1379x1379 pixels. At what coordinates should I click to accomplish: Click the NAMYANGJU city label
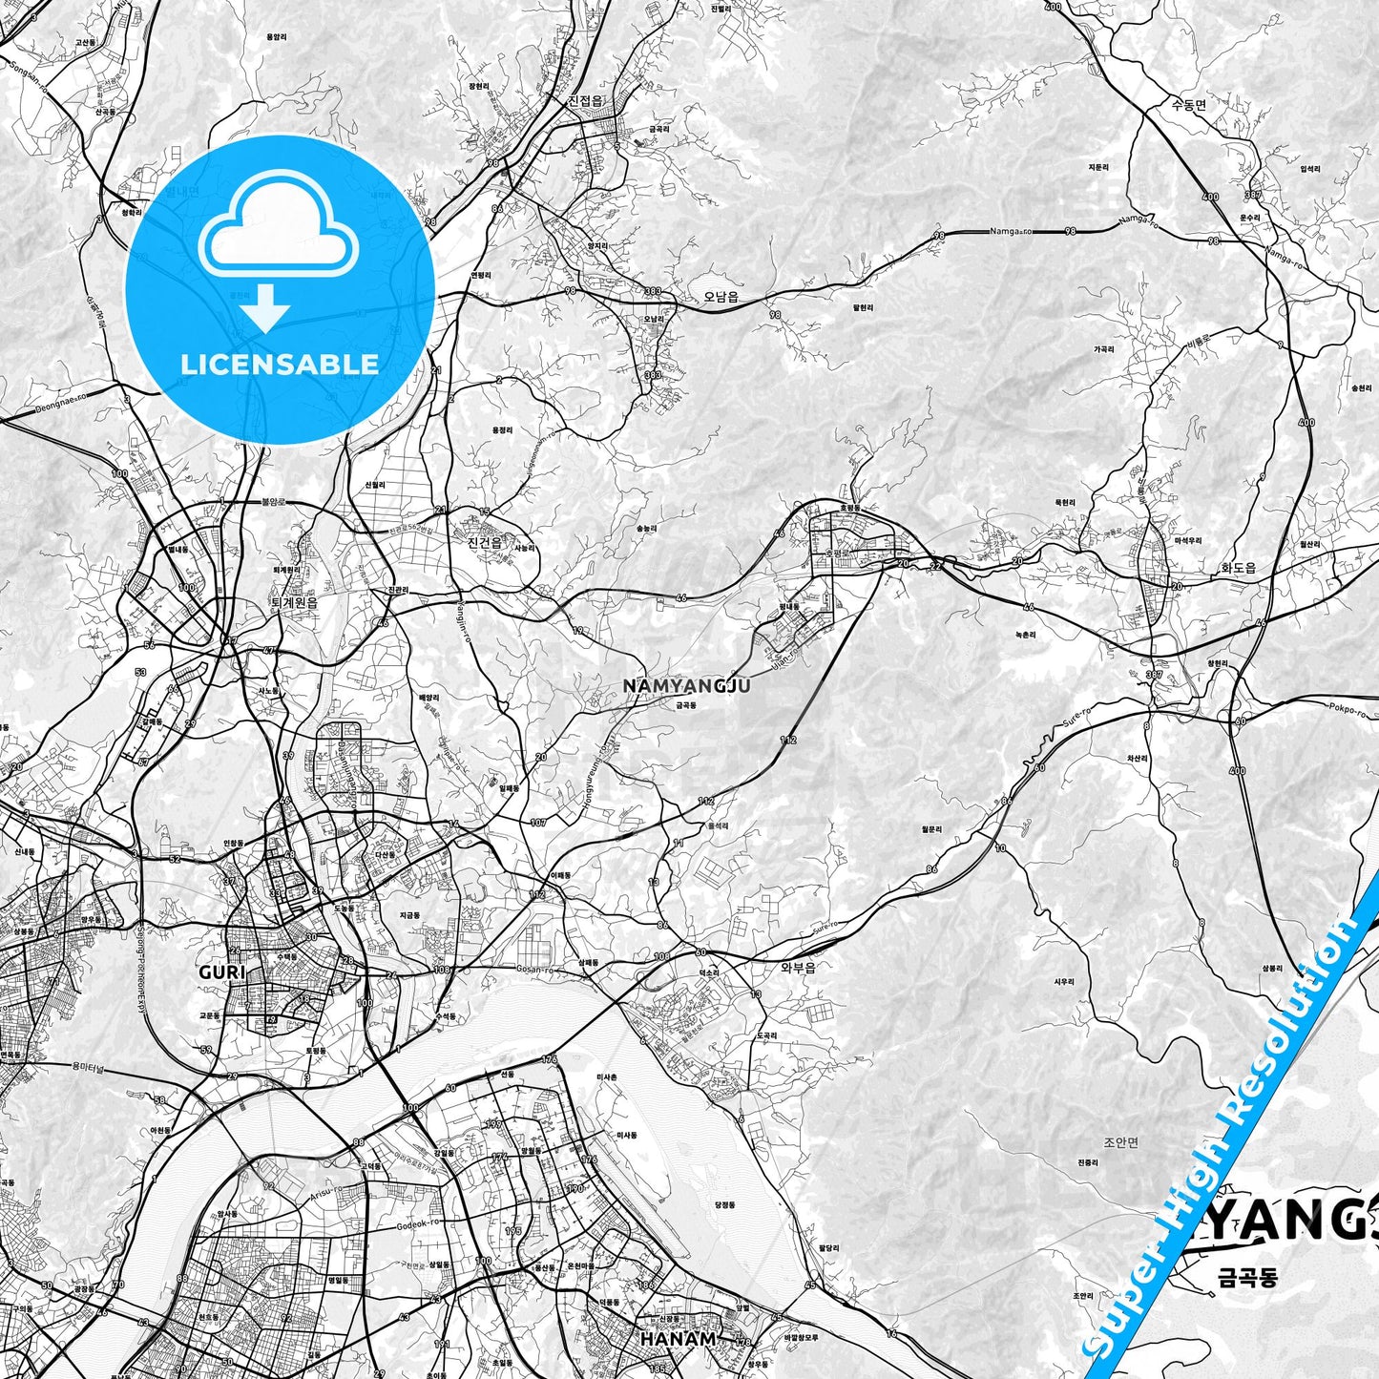[685, 685]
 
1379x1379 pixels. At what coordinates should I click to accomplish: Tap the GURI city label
[221, 972]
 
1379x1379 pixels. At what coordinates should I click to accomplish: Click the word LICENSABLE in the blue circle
[280, 364]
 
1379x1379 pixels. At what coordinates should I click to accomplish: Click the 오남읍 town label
[721, 297]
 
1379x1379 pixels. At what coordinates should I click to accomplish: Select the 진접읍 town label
[584, 101]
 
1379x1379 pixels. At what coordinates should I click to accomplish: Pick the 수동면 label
[1188, 105]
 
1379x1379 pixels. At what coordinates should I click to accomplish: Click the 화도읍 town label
[1239, 567]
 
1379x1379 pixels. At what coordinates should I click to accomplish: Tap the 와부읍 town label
[798, 967]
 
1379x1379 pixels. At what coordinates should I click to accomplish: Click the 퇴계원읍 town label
[293, 603]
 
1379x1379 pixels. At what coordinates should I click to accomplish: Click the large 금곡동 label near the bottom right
[1246, 1277]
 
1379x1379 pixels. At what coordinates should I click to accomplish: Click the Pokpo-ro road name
[1346, 710]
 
